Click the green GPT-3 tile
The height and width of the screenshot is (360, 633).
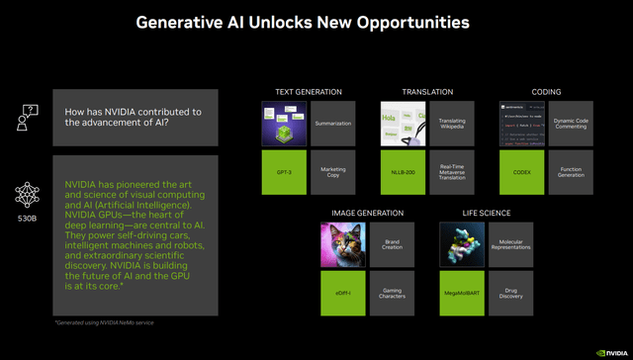[x=285, y=171]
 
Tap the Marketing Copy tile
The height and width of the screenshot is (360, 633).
[x=332, y=171]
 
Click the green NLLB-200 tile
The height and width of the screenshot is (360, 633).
[x=404, y=171]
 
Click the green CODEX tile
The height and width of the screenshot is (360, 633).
[x=521, y=171]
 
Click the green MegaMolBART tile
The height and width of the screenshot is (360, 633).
[x=462, y=294]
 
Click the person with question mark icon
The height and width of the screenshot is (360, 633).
[x=28, y=118]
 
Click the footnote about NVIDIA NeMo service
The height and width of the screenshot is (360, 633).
[x=105, y=323]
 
